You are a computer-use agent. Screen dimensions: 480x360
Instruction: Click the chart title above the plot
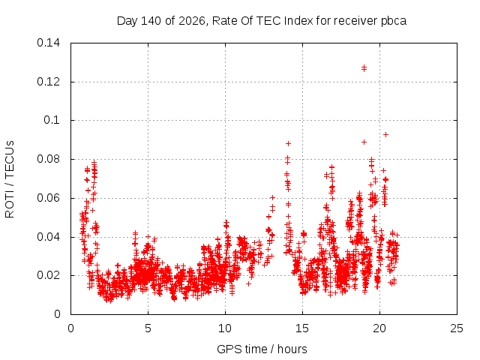262,21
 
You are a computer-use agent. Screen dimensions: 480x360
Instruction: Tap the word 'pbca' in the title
394,21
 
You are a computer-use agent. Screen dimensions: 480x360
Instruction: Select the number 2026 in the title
192,21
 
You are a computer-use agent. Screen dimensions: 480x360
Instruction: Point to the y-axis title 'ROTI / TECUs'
10,179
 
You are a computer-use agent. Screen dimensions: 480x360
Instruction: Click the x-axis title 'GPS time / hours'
262,349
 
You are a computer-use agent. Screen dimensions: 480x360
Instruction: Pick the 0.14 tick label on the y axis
48,43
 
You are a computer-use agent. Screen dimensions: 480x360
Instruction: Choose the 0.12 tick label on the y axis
48,82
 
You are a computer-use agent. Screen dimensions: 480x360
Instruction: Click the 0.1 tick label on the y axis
52,120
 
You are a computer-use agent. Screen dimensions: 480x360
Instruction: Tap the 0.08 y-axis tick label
48,159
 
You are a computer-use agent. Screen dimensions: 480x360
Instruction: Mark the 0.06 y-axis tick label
48,198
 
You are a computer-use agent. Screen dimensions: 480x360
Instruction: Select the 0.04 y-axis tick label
48,237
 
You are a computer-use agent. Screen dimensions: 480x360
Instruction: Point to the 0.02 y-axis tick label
48,275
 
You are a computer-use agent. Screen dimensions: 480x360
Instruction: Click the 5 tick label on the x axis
148,328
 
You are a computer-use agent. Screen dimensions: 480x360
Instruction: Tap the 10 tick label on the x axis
225,328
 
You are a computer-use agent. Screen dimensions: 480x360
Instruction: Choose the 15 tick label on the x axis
302,328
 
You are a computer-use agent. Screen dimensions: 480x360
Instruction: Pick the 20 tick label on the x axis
379,328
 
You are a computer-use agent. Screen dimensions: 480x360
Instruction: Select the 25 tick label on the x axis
457,328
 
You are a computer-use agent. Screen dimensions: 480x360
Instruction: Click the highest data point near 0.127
364,68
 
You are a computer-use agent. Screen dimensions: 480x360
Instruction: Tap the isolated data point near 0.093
386,135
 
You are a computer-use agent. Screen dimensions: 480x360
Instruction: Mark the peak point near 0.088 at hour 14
288,143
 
